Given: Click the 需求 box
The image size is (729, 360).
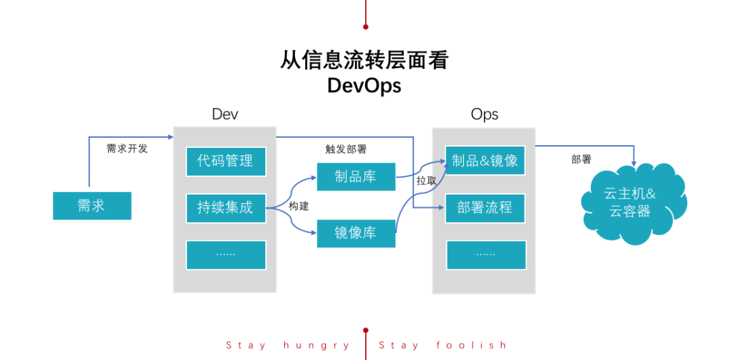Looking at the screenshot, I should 92,205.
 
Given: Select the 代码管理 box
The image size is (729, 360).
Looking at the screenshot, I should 225,161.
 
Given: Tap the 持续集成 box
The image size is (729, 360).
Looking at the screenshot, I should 225,207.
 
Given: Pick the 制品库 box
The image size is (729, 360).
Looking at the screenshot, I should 356,177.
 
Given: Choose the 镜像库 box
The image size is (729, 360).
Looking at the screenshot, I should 356,233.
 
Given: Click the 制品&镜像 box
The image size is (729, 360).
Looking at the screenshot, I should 485,160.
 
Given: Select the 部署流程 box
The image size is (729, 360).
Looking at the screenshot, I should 485,208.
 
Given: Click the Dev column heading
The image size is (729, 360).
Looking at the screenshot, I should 225,114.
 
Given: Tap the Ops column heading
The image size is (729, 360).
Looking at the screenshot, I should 484,114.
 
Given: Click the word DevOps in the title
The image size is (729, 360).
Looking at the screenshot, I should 364,86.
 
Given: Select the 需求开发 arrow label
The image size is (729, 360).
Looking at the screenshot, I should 127,149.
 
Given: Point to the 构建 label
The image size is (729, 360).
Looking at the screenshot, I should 298,206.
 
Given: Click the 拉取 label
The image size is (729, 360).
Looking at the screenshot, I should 426,180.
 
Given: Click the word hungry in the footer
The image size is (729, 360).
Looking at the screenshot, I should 317,345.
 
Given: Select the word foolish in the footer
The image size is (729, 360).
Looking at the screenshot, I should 471,345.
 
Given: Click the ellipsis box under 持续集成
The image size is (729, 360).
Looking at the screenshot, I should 225,254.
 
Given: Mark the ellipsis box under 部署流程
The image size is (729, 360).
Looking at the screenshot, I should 485,255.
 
